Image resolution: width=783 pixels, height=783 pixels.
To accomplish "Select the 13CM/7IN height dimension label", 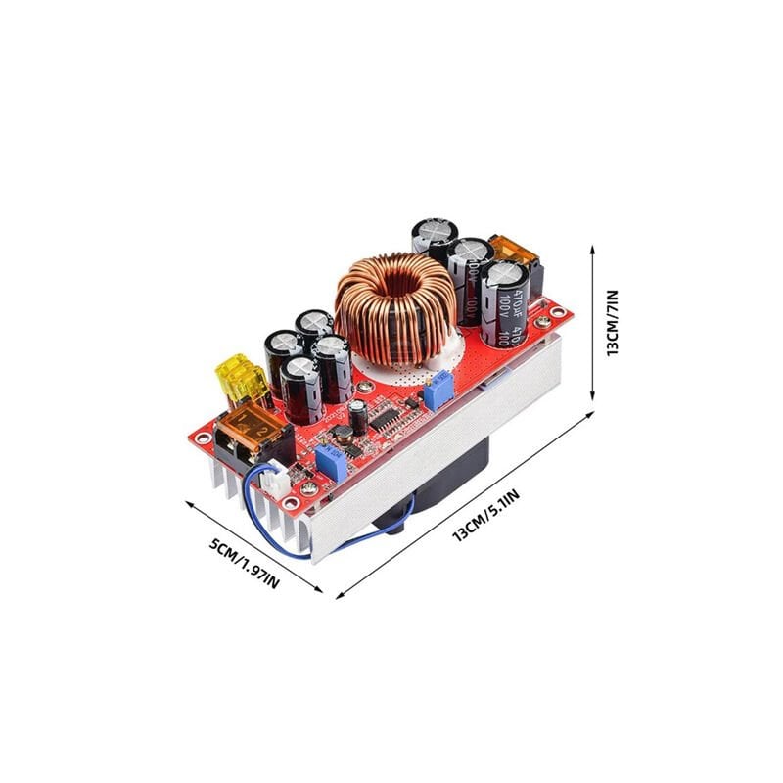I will [613, 322].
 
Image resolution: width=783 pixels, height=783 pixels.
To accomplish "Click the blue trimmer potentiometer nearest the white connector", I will [330, 462].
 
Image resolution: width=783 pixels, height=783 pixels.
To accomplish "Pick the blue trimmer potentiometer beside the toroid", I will [438, 391].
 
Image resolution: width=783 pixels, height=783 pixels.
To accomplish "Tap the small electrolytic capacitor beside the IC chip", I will [358, 418].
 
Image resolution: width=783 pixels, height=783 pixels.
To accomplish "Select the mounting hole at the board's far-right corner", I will [558, 313].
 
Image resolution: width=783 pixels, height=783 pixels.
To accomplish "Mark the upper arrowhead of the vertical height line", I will [593, 249].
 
